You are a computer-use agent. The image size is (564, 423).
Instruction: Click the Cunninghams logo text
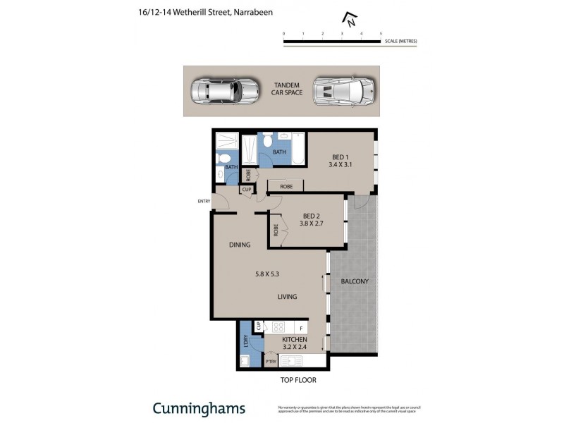[x=199, y=408]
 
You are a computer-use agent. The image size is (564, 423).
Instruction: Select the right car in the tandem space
[x=343, y=90]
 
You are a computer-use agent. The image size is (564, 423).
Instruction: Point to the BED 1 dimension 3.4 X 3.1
[x=340, y=165]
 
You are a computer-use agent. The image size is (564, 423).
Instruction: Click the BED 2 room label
[x=312, y=216]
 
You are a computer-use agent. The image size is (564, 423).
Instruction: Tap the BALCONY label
[x=355, y=281]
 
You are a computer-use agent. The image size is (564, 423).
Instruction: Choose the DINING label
[x=240, y=245]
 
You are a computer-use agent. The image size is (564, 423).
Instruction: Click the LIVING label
[x=287, y=297]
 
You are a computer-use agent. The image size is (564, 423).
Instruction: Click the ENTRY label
[x=204, y=201]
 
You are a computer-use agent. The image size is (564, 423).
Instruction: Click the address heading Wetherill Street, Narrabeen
[x=205, y=12]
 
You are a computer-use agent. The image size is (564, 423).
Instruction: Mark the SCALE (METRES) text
[x=400, y=42]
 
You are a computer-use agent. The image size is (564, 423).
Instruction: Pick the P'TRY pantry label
[x=271, y=362]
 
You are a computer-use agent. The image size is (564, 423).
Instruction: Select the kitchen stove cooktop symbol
[x=278, y=327]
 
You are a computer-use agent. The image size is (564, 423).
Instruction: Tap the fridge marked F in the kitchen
[x=301, y=328]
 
